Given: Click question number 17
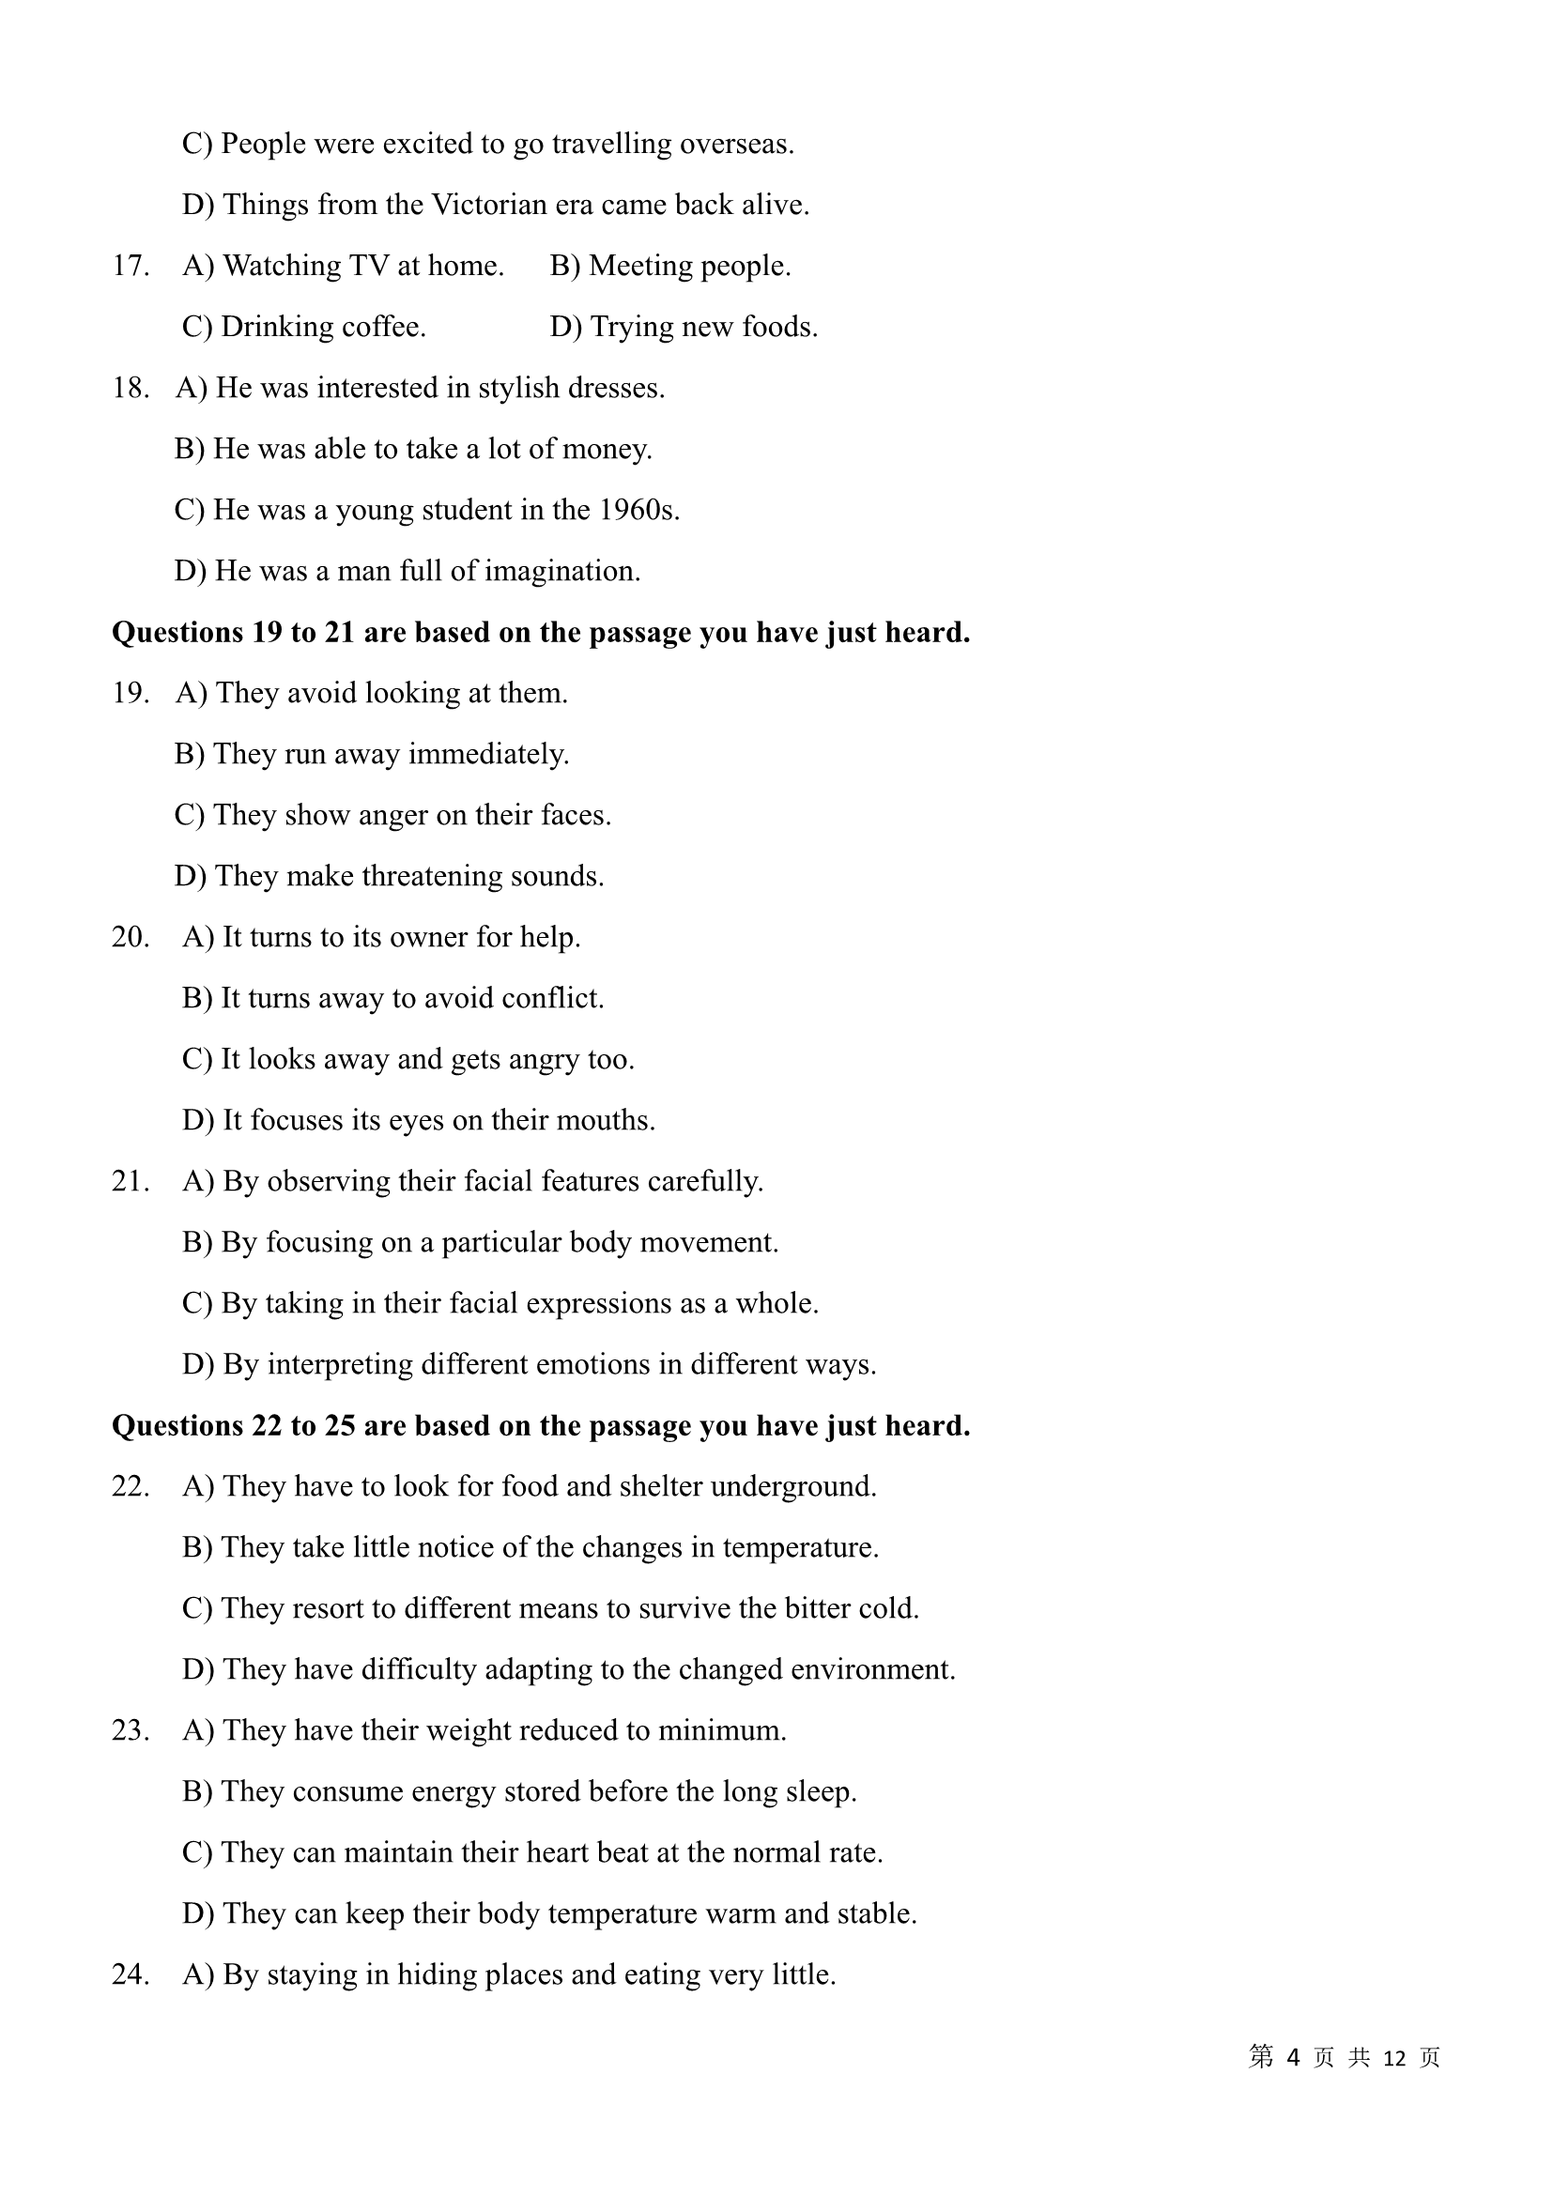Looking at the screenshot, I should (131, 266).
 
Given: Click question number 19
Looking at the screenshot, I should (131, 694).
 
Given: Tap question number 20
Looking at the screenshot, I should (131, 937).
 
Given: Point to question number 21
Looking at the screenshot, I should (131, 1182).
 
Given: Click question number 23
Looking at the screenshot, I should (131, 1731).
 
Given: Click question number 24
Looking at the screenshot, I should (131, 1975).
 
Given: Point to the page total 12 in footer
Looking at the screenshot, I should (1394, 2059).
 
